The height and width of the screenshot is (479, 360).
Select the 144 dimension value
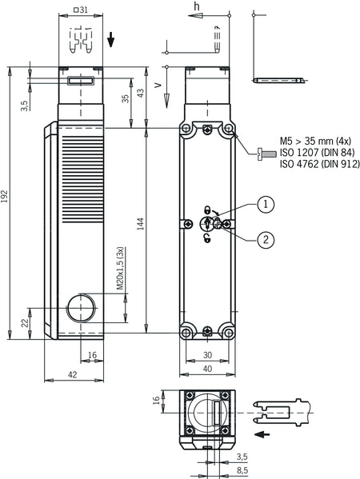pos(140,224)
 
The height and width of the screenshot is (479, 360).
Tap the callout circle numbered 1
pos(266,204)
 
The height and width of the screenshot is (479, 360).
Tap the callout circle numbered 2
pos(266,240)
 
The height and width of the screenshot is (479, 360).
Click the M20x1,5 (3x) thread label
pos(121,268)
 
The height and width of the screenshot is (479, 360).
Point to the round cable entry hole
pos(81,308)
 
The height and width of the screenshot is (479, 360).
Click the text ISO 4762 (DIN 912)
pos(320,164)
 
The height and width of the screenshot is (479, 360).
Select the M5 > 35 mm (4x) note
pos(316,141)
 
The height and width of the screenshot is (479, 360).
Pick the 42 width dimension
pos(73,374)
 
